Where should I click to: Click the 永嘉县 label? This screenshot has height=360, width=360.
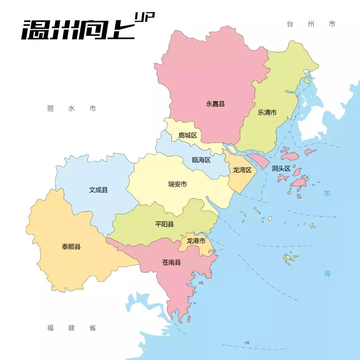click(x=215, y=104)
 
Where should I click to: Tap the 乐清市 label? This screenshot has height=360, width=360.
click(x=267, y=113)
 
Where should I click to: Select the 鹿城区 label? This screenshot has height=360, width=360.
click(x=188, y=135)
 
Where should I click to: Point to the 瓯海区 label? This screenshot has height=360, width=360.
click(x=201, y=160)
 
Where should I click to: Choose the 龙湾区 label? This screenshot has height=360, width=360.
click(x=242, y=170)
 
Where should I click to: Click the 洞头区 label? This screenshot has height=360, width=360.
click(x=281, y=169)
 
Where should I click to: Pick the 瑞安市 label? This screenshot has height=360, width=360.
click(x=177, y=184)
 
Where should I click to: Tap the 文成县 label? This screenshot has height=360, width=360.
click(x=98, y=190)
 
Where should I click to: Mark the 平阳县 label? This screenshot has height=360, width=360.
click(x=164, y=224)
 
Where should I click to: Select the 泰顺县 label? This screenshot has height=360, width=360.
click(x=71, y=247)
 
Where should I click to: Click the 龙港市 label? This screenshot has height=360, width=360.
click(x=196, y=241)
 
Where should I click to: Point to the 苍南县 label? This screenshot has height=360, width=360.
click(x=171, y=262)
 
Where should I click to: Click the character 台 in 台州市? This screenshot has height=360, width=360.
click(x=290, y=24)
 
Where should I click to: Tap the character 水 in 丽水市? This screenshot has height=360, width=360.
click(x=71, y=109)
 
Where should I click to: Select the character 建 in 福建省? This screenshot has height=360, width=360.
click(x=71, y=328)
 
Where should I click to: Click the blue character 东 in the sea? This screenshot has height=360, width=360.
click(x=327, y=194)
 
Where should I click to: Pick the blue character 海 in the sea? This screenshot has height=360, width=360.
click(x=327, y=274)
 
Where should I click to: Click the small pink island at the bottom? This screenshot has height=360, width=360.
click(x=247, y=343)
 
